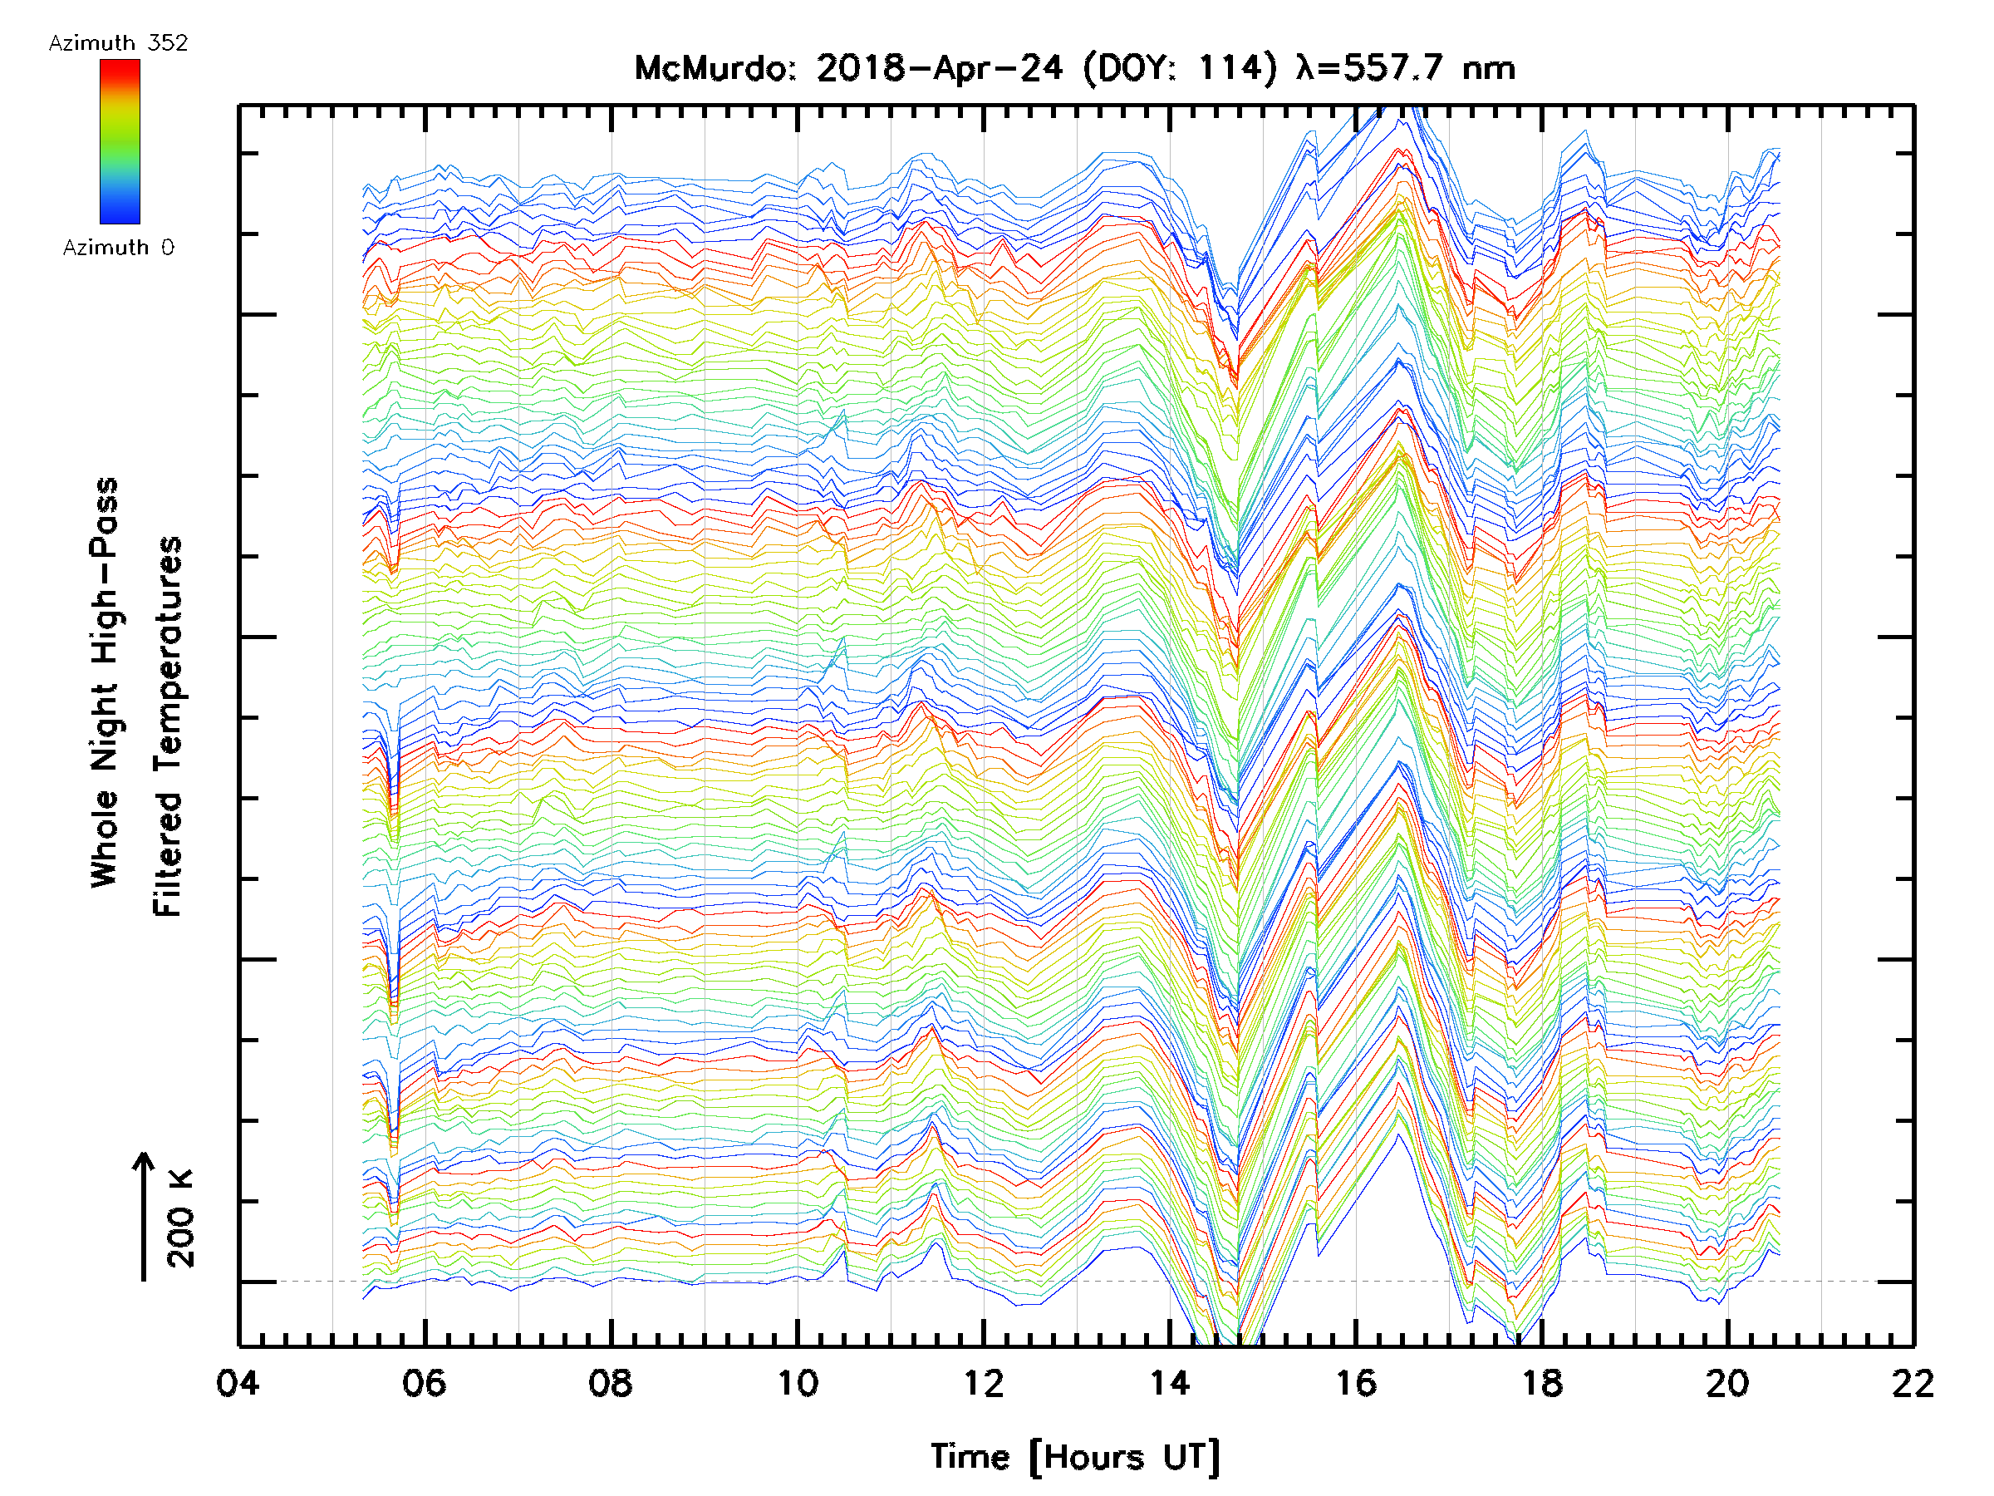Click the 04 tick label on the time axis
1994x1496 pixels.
coord(238,1383)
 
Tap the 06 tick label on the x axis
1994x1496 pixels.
coord(424,1383)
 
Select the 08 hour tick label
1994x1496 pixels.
coord(611,1383)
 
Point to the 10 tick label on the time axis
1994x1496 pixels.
coord(797,1383)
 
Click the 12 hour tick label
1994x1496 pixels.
coord(983,1383)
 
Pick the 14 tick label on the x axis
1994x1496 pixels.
coord(1169,1383)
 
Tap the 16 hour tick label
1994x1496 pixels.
coord(1356,1383)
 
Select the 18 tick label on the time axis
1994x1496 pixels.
coord(1541,1383)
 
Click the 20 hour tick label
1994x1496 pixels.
coord(1727,1383)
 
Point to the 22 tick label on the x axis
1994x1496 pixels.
coord(1913,1383)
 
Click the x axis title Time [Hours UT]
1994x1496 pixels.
coord(1074,1457)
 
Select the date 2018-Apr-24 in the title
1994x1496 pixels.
coord(940,68)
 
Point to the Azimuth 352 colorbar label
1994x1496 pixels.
coord(118,43)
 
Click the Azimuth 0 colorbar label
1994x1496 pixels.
coord(118,247)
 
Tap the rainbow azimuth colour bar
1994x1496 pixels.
coord(120,141)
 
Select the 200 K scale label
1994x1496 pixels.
coord(181,1218)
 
